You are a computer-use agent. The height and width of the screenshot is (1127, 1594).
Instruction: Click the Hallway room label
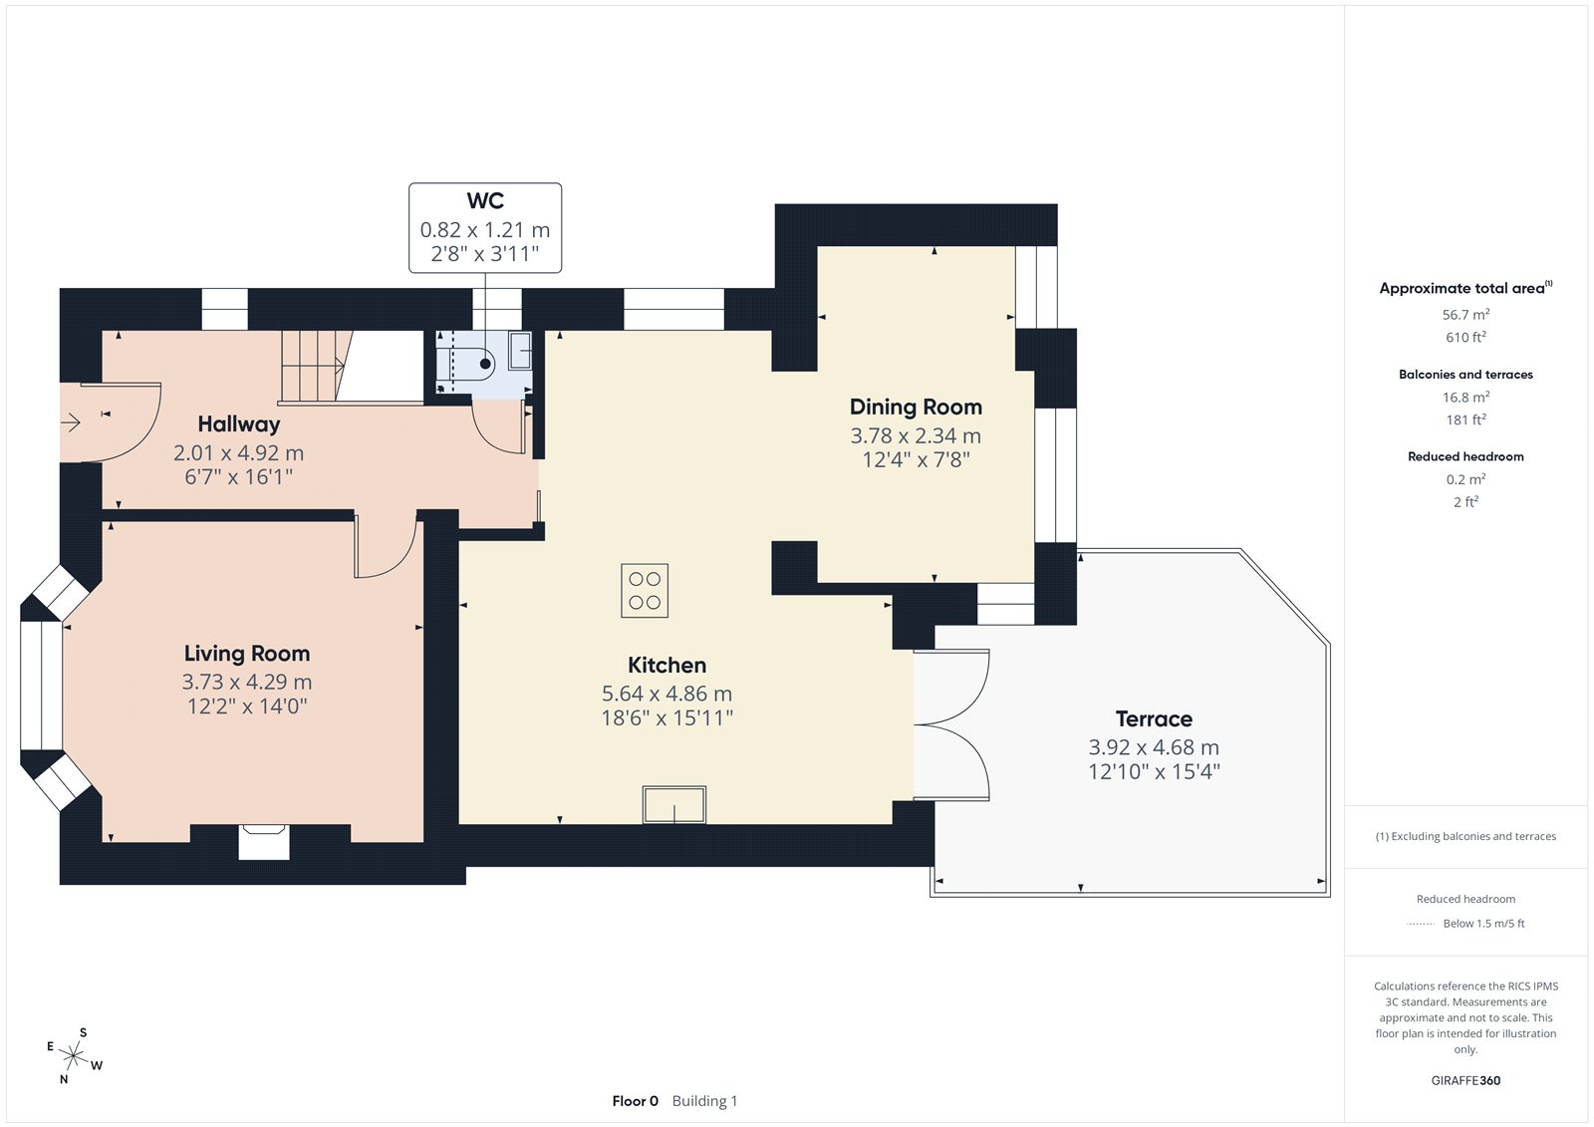coord(238,424)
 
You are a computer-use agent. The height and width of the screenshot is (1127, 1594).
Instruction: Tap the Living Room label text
coord(247,654)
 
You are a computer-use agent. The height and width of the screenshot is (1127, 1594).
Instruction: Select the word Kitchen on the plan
coord(666,665)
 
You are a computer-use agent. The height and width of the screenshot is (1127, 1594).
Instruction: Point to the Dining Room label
coord(916,408)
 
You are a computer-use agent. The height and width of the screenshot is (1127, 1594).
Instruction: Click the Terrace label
coord(1154,719)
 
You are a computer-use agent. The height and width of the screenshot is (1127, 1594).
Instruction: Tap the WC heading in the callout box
coord(485,200)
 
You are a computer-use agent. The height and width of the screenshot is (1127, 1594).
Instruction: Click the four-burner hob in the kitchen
coord(644,590)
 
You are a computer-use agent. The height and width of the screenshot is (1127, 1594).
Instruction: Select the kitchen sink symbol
coord(673,804)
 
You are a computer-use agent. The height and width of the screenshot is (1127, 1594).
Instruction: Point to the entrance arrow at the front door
coord(71,423)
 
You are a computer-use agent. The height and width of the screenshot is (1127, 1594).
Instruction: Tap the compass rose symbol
coord(73,1055)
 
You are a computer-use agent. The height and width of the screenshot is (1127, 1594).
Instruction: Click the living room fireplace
coord(263,841)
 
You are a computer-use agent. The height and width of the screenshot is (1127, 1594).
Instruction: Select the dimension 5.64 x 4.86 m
coord(666,694)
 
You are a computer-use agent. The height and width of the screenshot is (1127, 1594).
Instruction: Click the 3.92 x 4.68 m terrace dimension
coord(1154,747)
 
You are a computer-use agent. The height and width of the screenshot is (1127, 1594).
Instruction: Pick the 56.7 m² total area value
coord(1465,314)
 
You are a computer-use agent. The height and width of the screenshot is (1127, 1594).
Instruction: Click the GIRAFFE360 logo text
coord(1465,1080)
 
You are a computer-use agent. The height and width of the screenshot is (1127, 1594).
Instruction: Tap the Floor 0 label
coord(635,1101)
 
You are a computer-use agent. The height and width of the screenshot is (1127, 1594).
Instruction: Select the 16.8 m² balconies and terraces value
coord(1465,397)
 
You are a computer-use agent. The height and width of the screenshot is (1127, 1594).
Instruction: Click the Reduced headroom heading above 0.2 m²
coord(1465,456)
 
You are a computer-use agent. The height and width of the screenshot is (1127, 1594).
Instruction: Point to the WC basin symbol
coord(521,350)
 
